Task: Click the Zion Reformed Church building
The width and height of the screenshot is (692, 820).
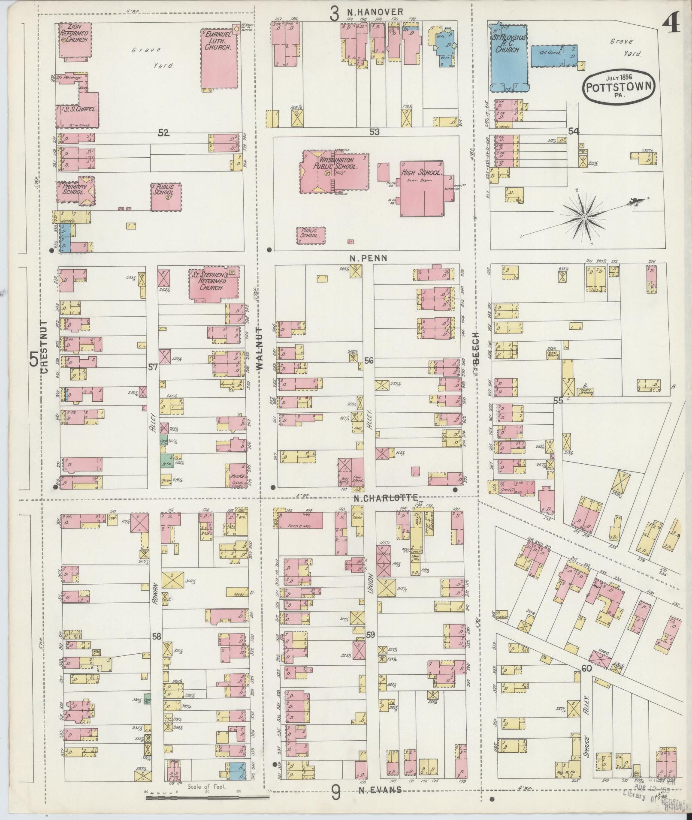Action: point(74,39)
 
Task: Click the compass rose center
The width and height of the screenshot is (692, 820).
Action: point(584,218)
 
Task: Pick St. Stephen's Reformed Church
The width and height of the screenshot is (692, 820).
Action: point(213,284)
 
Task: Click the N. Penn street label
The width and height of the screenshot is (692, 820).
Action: point(368,258)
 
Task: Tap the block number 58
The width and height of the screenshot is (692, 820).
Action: point(156,637)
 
